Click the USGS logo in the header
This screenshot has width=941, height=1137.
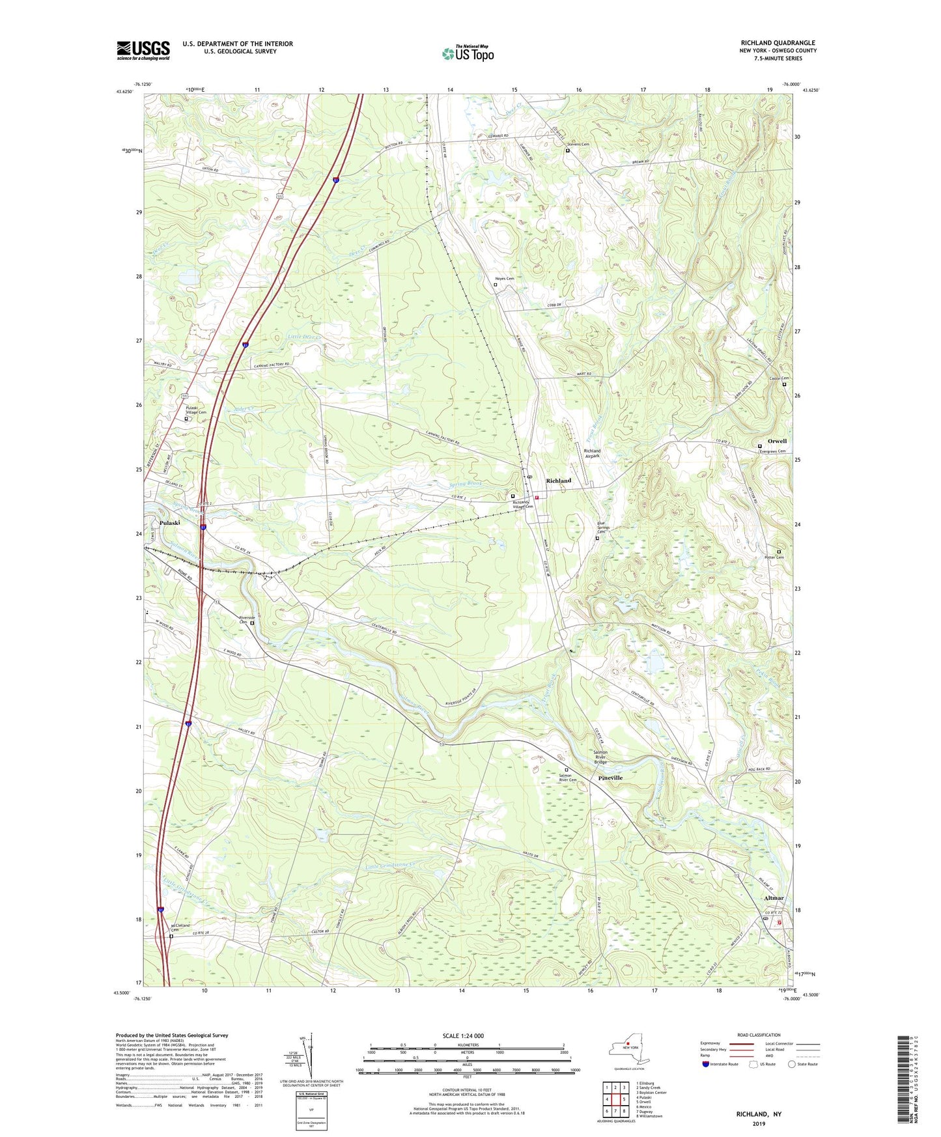point(143,50)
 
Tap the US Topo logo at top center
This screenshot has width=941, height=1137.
point(468,53)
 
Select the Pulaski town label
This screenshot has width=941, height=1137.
point(169,523)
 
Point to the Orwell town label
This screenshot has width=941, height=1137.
point(777,441)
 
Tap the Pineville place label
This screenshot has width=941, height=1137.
point(610,778)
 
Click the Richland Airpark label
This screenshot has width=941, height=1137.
point(592,453)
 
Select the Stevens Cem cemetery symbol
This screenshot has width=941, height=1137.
point(567,150)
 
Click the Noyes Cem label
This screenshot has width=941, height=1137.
point(506,279)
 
